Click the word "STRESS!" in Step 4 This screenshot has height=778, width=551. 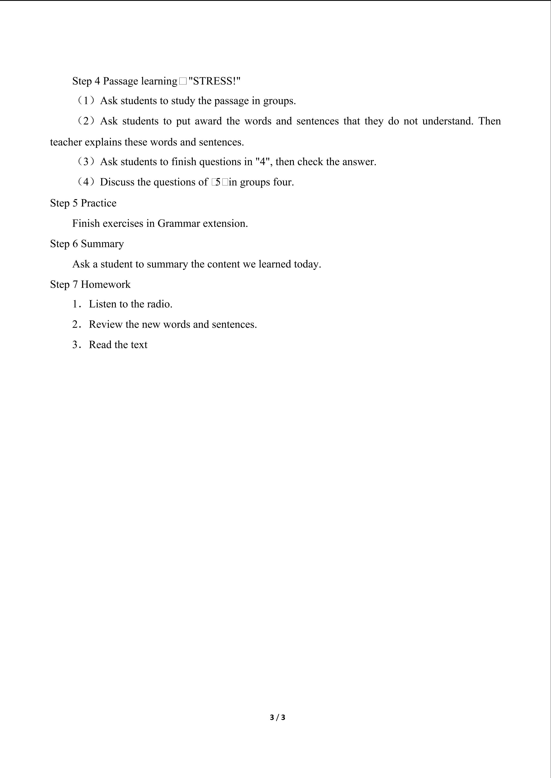214,81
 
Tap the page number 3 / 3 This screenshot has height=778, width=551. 277,717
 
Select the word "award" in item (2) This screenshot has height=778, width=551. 208,121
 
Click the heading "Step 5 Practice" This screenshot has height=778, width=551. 83,203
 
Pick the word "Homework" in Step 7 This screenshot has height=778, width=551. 106,284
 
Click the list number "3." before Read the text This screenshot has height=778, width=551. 77,345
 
